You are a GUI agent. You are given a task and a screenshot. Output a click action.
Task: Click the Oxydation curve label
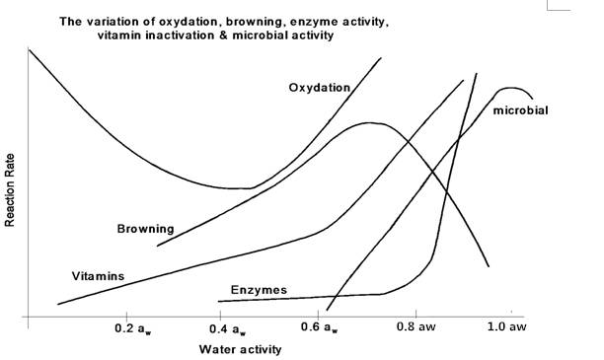(320, 88)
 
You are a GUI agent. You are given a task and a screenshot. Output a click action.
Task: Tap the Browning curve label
(146, 229)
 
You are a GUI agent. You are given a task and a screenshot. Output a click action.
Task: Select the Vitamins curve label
(98, 276)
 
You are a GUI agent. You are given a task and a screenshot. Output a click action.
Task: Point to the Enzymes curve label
(259, 290)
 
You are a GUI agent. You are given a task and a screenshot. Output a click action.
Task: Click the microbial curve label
(520, 110)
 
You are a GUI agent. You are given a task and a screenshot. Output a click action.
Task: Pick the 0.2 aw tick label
(133, 329)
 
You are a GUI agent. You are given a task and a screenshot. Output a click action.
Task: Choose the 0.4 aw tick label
(227, 329)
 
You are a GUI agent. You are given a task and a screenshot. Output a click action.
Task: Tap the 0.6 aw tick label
(320, 327)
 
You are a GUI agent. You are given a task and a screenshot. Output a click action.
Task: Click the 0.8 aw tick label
(416, 326)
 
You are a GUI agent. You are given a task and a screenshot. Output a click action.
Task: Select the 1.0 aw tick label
(507, 326)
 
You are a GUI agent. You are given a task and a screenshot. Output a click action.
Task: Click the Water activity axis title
(240, 349)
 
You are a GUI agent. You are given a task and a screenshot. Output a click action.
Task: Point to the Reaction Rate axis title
(9, 190)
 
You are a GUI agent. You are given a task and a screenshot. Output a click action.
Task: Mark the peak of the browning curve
(370, 123)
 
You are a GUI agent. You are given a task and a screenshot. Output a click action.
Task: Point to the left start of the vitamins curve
(58, 304)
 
